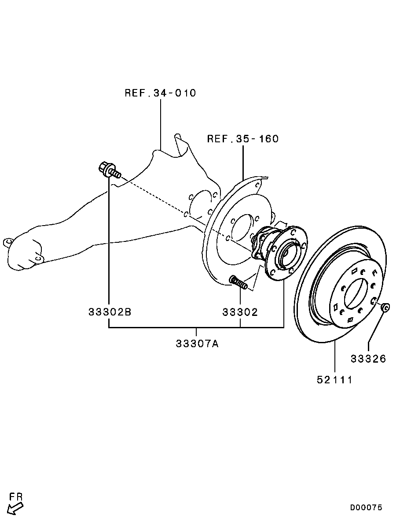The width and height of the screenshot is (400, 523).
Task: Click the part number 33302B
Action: [x=110, y=312]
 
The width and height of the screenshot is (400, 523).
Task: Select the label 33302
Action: [x=240, y=312]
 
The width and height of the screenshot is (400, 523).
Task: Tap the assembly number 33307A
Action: [x=197, y=343]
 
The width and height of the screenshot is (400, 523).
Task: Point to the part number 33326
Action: [x=368, y=359]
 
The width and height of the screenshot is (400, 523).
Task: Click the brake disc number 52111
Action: [x=334, y=379]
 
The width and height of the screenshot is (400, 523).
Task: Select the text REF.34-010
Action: [x=161, y=93]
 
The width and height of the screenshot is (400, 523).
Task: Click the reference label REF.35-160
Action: [x=243, y=138]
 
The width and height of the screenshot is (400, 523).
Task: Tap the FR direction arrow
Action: [x=15, y=509]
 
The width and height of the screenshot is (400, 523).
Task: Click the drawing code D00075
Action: [x=366, y=508]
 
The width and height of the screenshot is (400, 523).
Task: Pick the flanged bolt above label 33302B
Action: [x=110, y=171]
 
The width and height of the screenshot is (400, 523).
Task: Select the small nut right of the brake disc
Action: [x=385, y=307]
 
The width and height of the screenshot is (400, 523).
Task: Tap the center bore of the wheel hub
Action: [x=287, y=256]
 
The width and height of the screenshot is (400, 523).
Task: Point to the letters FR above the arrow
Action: [x=16, y=497]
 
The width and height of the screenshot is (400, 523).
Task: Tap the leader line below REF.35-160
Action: [x=243, y=162]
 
